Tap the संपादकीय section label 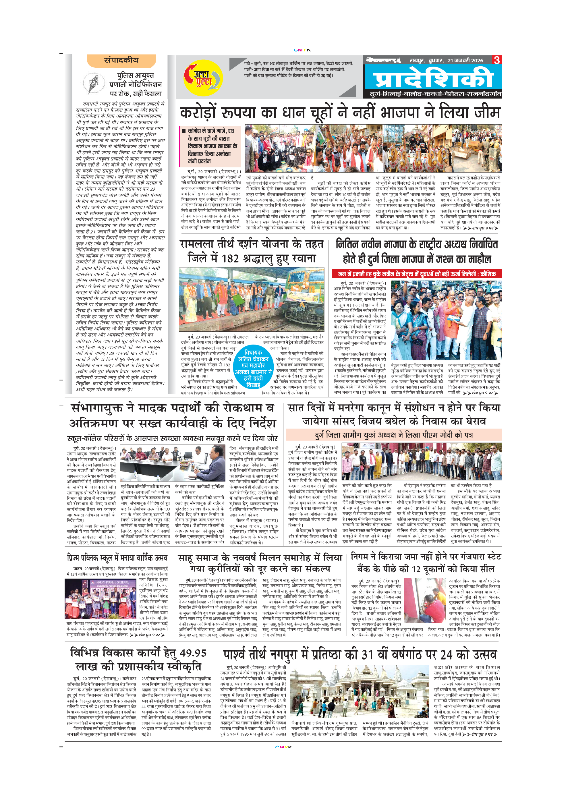(121, 60)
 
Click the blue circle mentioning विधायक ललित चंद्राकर (253, 368)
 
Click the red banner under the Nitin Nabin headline (417, 274)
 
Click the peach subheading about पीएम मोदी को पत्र (394, 435)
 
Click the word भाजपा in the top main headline (400, 113)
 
